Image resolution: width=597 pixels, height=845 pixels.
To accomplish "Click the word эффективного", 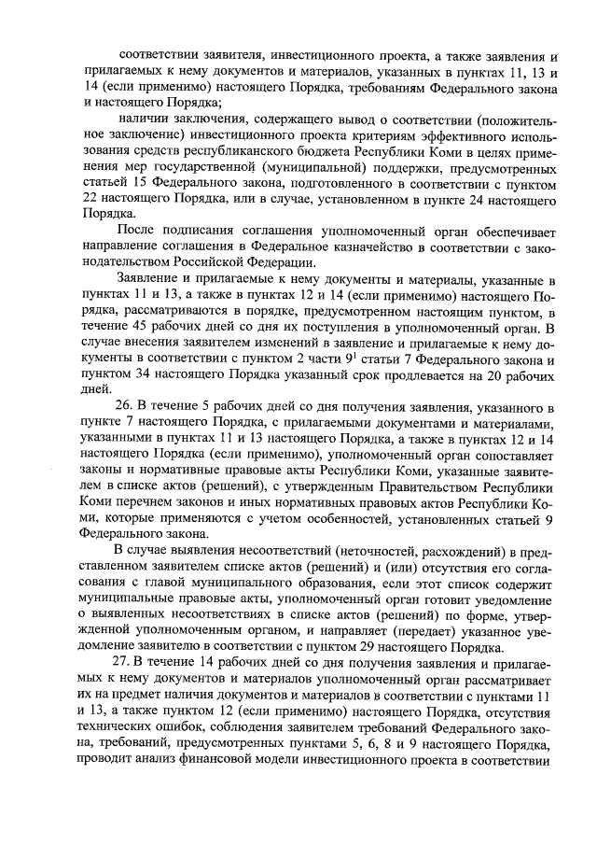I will point(467,134).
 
